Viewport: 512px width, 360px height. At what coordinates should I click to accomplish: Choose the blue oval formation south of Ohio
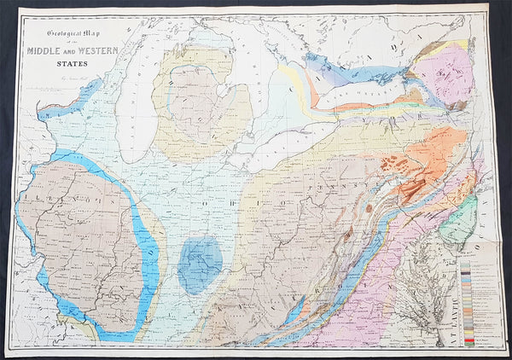tap(201, 264)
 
